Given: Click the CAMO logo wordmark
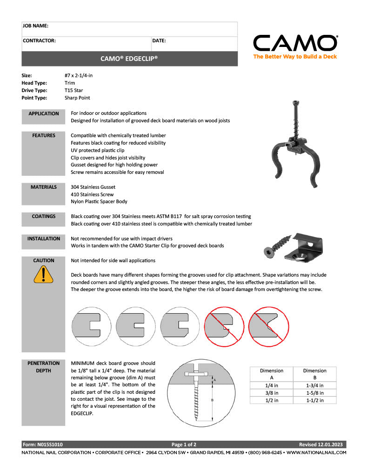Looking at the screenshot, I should click(x=295, y=43).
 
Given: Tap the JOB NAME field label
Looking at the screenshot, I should click(x=35, y=26).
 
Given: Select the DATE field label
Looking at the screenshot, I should click(x=159, y=41).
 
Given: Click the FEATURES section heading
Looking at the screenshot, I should click(x=43, y=136).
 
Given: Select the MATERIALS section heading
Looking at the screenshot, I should click(x=43, y=187).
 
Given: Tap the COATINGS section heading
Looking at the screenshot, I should click(x=43, y=216).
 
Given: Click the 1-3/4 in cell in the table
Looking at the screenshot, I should click(x=314, y=385).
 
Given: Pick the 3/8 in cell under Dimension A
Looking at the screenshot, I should click(x=271, y=393).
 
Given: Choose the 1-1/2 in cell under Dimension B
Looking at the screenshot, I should click(x=314, y=400).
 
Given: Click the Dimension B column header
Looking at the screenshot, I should click(x=314, y=374).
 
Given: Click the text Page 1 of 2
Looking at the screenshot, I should click(x=184, y=444).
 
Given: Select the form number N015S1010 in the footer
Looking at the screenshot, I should click(x=43, y=444).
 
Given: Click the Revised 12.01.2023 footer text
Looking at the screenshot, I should click(x=321, y=444).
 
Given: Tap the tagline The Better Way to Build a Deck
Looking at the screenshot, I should click(x=295, y=57).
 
